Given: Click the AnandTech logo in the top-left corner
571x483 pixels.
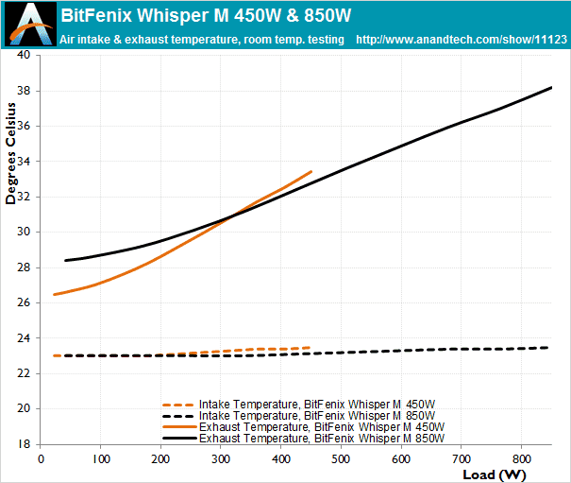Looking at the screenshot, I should tap(26, 24).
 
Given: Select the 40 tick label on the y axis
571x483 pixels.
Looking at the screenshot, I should tap(24, 55).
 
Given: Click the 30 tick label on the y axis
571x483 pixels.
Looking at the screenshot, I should tap(24, 232).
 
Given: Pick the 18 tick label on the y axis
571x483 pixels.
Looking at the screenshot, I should tap(24, 443).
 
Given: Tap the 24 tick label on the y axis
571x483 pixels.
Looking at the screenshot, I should tap(24, 337).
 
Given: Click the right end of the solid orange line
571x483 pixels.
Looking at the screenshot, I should tap(311, 171).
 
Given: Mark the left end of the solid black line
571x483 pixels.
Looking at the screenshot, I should tap(64, 260).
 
